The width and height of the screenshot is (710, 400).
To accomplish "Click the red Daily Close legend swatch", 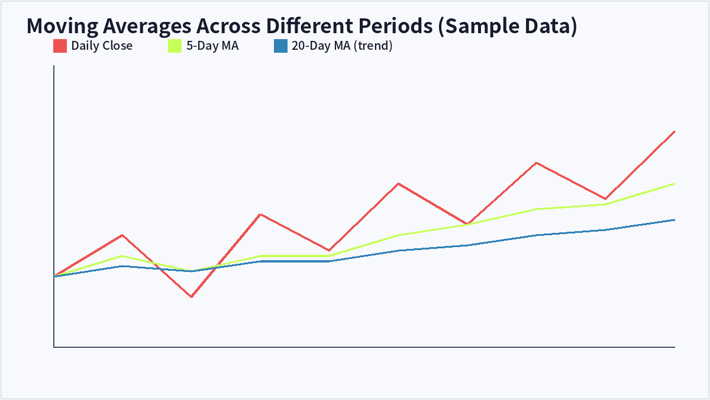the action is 60,46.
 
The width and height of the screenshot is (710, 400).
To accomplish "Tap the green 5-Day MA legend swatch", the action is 175,46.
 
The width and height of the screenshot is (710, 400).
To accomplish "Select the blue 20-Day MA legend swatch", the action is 280,46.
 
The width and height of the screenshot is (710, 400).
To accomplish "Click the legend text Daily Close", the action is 102,46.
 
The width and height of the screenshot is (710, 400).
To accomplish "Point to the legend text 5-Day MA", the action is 212,46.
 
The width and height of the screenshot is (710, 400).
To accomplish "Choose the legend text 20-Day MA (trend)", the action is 342,46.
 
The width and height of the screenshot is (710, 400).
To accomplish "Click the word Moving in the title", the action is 63,26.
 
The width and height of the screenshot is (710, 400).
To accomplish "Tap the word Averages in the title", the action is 147,26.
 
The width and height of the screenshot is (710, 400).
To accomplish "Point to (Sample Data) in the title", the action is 508,26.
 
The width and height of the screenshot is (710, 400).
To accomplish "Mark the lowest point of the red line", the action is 192,297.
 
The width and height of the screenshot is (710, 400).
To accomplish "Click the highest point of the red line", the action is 674,131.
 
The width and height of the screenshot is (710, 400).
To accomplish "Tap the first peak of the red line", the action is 122,235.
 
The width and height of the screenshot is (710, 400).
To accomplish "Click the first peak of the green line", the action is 122,256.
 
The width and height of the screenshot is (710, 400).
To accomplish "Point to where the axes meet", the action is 54,347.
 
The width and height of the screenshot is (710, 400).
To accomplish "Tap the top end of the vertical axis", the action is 54,65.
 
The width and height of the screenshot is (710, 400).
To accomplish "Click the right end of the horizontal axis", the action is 675,347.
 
